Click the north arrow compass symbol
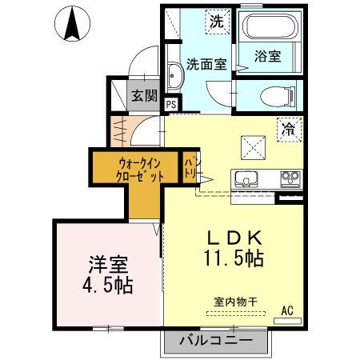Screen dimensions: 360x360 72,23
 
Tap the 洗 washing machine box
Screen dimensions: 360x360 216,22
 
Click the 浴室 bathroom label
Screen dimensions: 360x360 268,58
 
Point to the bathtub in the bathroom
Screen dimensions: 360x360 270,28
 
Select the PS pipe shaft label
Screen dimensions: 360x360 171,104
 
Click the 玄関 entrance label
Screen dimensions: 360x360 145,96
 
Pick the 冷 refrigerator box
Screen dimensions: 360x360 288,126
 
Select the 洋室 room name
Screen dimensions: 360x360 107,262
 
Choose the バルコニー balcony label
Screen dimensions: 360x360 215,340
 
